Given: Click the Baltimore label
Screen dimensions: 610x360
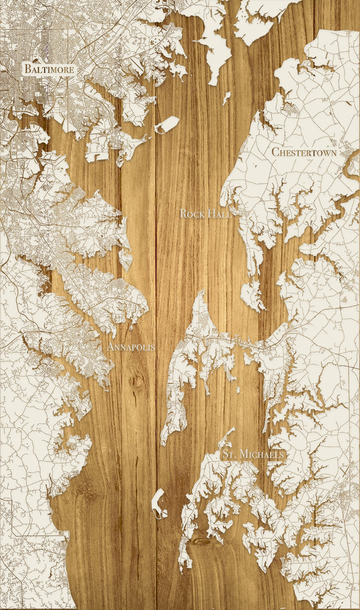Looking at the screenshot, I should pyautogui.click(x=49, y=69).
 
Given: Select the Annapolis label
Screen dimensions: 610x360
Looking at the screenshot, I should pyautogui.click(x=131, y=346).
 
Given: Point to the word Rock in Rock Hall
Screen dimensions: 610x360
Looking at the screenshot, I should pyautogui.click(x=190, y=214).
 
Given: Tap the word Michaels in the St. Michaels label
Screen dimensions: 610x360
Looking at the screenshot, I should pyautogui.click(x=262, y=454).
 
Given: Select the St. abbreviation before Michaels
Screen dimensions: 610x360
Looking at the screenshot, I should pyautogui.click(x=229, y=454).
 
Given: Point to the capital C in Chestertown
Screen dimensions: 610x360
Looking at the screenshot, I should pyautogui.click(x=275, y=152).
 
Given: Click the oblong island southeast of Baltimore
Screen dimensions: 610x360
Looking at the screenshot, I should pyautogui.click(x=166, y=125).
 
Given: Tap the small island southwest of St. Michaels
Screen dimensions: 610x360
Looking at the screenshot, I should pyautogui.click(x=159, y=502).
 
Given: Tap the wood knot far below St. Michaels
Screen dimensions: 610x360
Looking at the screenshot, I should pyautogui.click(x=201, y=542).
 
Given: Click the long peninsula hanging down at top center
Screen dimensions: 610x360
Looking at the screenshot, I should pyautogui.click(x=215, y=50).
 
